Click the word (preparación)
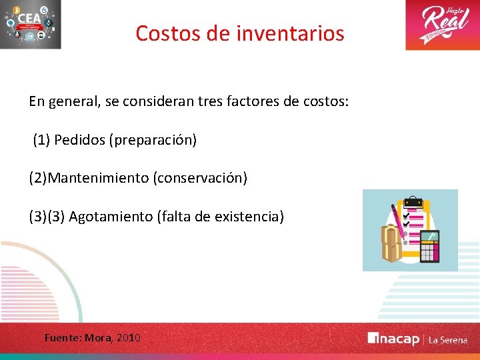click(x=154, y=140)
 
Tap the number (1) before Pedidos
click(x=41, y=140)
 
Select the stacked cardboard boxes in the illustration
click(x=391, y=243)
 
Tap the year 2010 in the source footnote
click(x=129, y=338)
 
